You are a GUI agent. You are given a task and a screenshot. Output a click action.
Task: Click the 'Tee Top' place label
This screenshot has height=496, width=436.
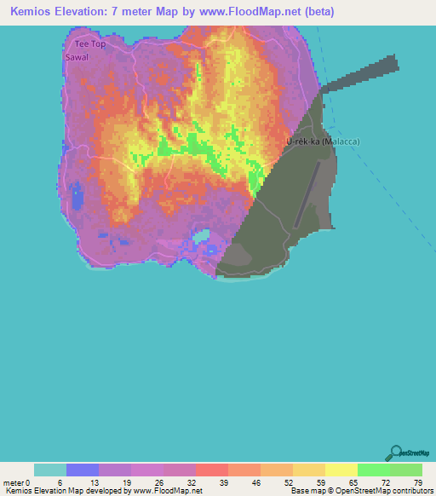pyautogui.click(x=89, y=43)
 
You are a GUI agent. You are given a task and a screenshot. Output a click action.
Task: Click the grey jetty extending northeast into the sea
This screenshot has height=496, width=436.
pyautogui.click(x=362, y=72)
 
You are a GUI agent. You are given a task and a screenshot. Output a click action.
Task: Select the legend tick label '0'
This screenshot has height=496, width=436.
pyautogui.click(x=27, y=482)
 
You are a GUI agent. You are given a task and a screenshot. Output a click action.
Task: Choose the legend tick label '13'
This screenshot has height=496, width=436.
pyautogui.click(x=94, y=482)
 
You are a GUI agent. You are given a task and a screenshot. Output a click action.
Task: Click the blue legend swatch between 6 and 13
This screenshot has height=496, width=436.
pyautogui.click(x=83, y=470)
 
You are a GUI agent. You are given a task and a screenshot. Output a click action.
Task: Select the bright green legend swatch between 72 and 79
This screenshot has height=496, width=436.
pyautogui.click(x=405, y=470)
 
